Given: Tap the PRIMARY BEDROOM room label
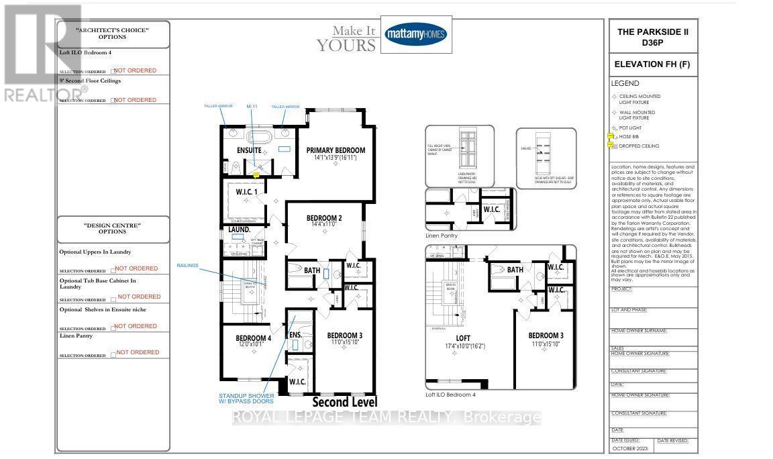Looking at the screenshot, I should pos(336,150).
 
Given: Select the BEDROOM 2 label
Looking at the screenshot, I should pos(325,218).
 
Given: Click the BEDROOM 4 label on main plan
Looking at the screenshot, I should pos(244,338).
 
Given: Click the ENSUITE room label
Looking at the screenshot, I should pos(248,150).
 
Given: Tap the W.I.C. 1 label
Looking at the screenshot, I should pos(247,193).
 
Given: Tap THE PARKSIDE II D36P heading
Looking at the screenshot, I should pos(652,38).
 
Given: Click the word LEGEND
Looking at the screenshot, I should pos(624,84).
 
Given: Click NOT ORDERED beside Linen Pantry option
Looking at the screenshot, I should pos(138,352).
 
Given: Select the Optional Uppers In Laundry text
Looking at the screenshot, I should pos(95,252).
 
